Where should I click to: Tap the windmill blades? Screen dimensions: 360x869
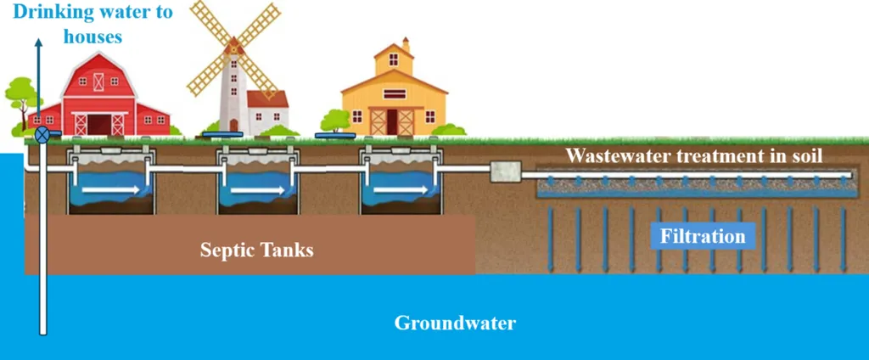[x=233, y=47]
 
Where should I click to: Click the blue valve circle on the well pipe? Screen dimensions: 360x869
[x=42, y=135]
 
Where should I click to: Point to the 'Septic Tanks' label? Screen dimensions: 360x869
[x=257, y=250]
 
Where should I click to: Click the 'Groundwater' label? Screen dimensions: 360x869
[x=455, y=323]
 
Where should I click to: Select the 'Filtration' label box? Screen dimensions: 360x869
[x=703, y=236]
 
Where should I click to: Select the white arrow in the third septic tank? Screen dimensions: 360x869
[x=396, y=190]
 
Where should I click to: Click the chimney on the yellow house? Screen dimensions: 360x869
[x=406, y=44]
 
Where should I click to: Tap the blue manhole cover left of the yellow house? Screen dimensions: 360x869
[x=334, y=136]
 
